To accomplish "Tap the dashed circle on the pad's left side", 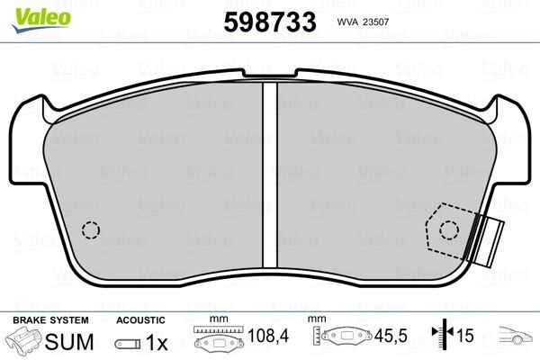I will click(x=90, y=230).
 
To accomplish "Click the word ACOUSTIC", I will click(x=140, y=320).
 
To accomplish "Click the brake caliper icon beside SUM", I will click(x=24, y=343).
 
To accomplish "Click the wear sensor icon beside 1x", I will click(x=128, y=344).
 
